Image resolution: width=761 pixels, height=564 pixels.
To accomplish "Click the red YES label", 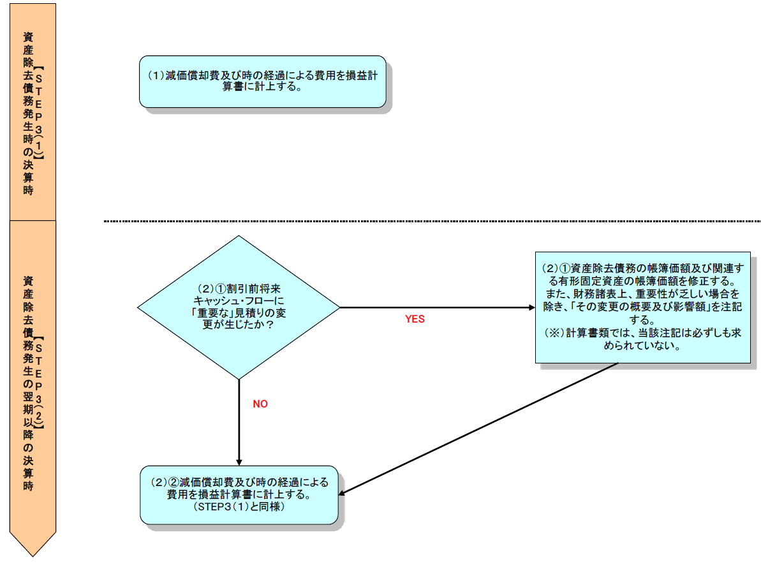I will [415, 319].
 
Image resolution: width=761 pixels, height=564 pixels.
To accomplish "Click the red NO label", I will [260, 404].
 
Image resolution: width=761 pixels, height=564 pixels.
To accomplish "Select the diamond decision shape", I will [239, 307].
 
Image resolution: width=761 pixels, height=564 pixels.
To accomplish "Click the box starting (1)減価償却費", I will [262, 81].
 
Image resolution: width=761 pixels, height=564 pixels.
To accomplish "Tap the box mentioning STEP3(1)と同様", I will [239, 495].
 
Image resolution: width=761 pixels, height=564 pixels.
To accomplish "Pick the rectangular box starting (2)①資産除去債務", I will [642, 307].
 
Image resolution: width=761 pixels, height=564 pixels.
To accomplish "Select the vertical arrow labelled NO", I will [239, 422].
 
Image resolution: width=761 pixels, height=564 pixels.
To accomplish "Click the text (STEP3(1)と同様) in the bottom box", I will [239, 507].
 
